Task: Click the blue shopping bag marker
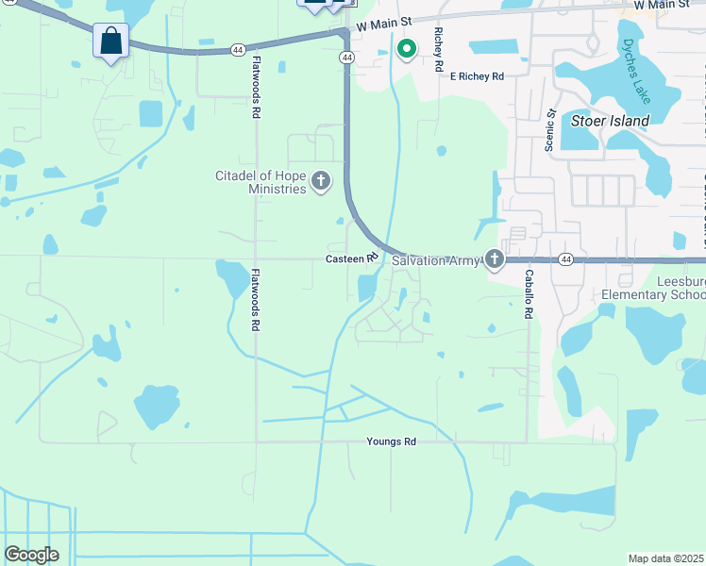point(111,42)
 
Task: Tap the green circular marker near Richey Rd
point(407,48)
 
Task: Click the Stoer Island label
point(611,121)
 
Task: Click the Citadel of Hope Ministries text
point(261,182)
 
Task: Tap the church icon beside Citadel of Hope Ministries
point(321,181)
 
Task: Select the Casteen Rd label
point(351,258)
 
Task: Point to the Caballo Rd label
point(529,292)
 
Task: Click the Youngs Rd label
point(392,441)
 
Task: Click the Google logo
point(31,555)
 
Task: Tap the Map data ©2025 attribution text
point(665,558)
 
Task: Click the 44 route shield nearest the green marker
point(347,58)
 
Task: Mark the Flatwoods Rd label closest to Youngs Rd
point(255,300)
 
